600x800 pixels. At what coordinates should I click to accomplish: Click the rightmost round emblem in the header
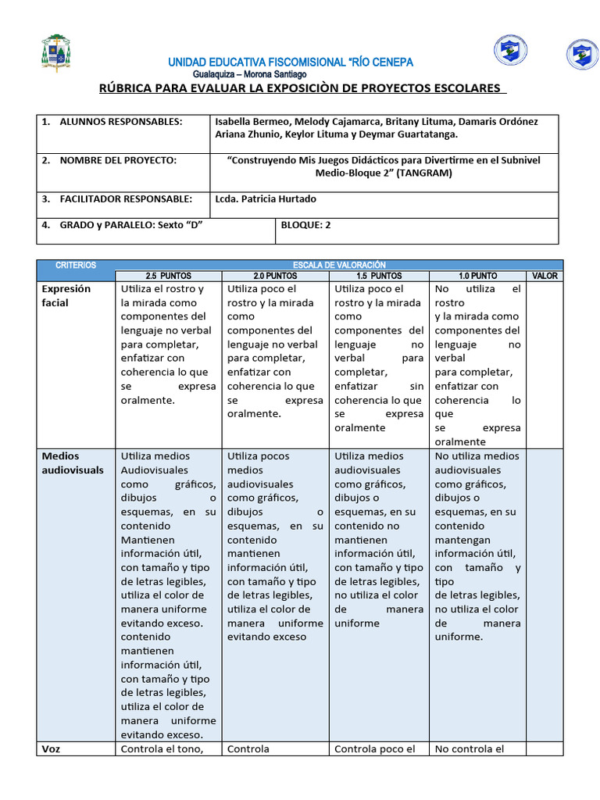pos(582,54)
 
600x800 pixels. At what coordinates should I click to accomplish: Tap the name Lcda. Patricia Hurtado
pos(266,199)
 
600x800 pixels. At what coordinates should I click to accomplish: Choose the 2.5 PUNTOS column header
pos(168,277)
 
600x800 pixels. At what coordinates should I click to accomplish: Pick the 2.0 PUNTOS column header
pos(275,277)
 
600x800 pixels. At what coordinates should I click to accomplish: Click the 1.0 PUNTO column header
pos(478,277)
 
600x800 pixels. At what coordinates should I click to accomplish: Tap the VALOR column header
pos(545,277)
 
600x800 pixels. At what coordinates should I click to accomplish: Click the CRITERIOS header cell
pos(76,266)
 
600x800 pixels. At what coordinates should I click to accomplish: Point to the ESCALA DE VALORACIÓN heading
pos(338,266)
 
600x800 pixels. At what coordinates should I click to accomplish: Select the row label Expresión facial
pos(66,295)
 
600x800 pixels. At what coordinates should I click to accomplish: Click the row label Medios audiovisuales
pos(73,462)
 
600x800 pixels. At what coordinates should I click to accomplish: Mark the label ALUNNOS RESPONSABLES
pos(120,122)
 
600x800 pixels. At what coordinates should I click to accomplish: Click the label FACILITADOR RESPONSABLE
pos(126,199)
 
